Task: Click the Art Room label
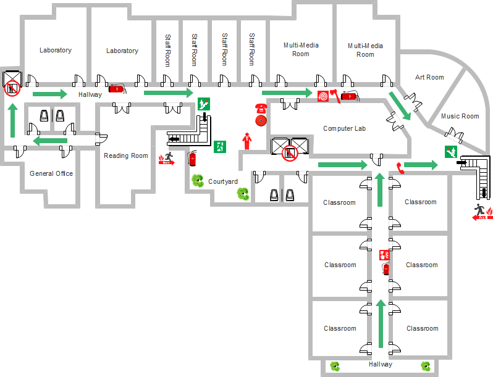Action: pyautogui.click(x=429, y=77)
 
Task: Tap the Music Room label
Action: pyautogui.click(x=460, y=116)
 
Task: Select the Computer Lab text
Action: pyautogui.click(x=344, y=128)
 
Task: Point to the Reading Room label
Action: pyautogui.click(x=126, y=155)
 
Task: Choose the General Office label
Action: pyautogui.click(x=51, y=173)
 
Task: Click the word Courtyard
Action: pyautogui.click(x=223, y=181)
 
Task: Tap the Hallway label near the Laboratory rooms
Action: pyautogui.click(x=90, y=94)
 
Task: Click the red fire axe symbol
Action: pyautogui.click(x=334, y=96)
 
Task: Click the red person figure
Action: pyautogui.click(x=247, y=141)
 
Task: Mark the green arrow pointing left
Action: pyautogui.click(x=50, y=141)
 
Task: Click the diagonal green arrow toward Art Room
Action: pyautogui.click(x=399, y=106)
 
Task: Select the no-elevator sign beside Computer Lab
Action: pyautogui.click(x=289, y=153)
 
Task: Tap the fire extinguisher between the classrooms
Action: pyautogui.click(x=386, y=268)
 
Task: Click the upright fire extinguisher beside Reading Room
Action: pyautogui.click(x=192, y=159)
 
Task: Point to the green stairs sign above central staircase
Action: pyautogui.click(x=203, y=104)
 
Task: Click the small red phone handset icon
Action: pyautogui.click(x=400, y=167)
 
